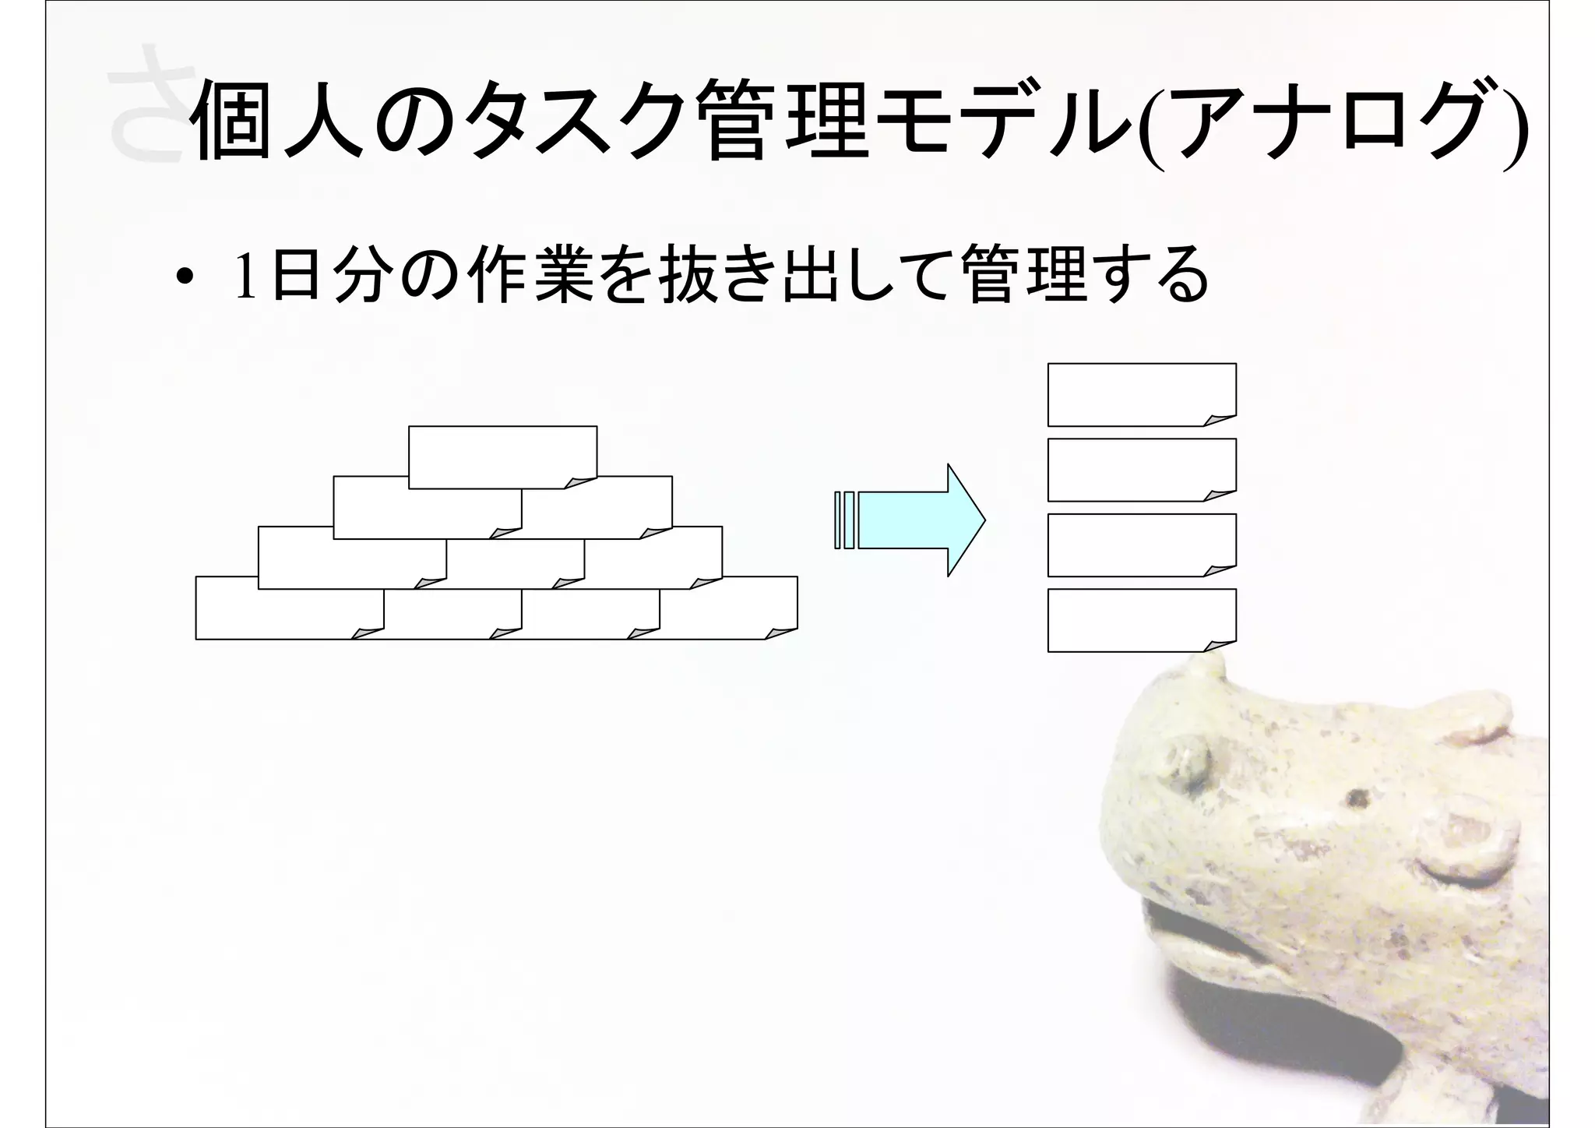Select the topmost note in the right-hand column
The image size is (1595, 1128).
(1141, 393)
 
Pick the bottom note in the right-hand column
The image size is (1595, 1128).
(1141, 619)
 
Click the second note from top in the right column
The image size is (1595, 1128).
(1141, 469)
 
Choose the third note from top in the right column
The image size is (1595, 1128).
(1141, 545)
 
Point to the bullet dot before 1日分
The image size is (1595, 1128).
(184, 279)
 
